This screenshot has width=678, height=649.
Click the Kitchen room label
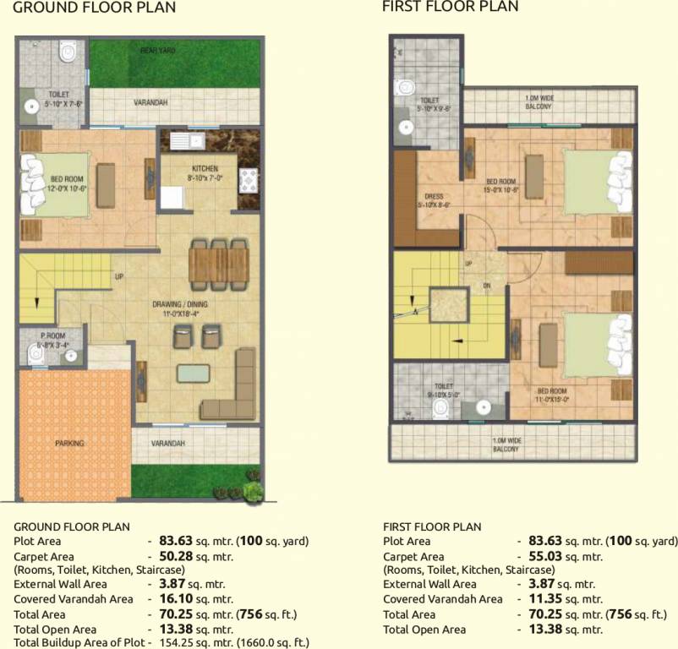205,168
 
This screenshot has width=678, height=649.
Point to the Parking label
69,443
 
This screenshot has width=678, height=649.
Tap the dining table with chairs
219,263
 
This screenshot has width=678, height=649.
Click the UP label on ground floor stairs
119,276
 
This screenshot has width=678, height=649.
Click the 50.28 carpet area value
175,557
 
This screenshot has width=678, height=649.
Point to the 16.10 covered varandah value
175,599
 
